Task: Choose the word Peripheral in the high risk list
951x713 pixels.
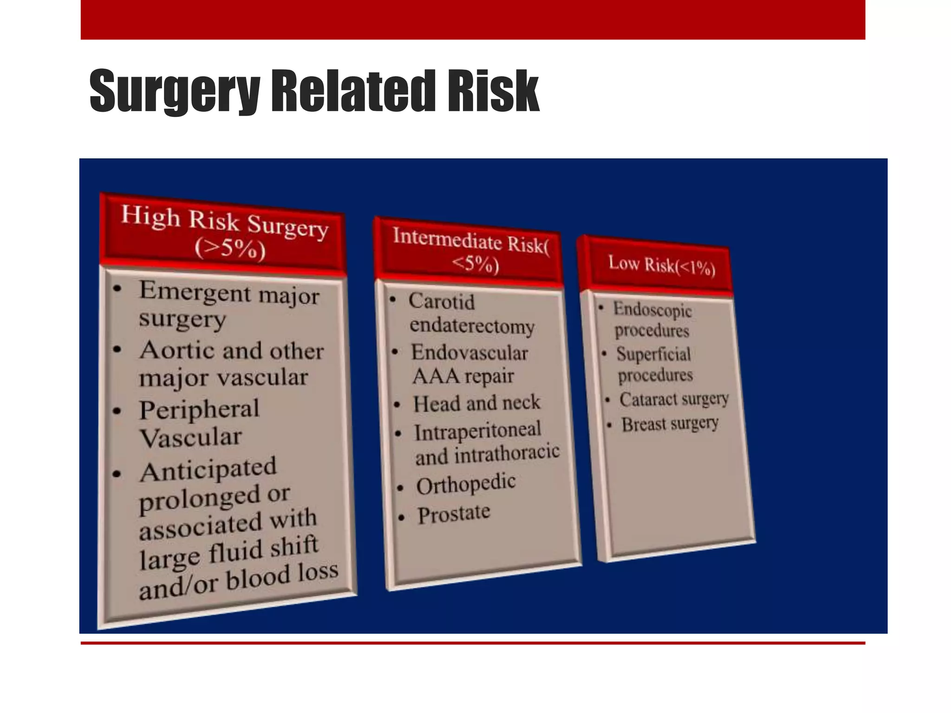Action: click(199, 410)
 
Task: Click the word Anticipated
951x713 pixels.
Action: click(208, 470)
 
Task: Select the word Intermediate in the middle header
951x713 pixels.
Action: click(447, 239)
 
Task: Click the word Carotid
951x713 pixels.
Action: click(442, 302)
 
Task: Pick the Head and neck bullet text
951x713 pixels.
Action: click(477, 403)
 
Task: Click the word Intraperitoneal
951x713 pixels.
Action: click(478, 431)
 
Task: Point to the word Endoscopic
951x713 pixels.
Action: click(652, 309)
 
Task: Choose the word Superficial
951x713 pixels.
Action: click(654, 354)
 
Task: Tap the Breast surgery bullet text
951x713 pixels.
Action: click(670, 424)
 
